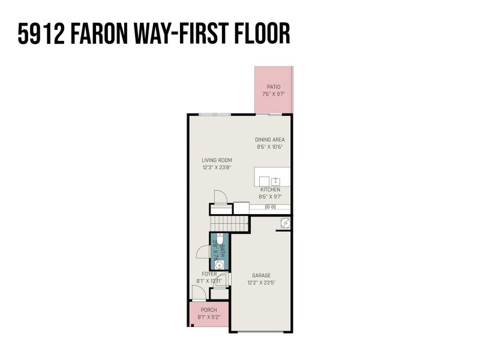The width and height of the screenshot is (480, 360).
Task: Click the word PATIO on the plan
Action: pos(274,87)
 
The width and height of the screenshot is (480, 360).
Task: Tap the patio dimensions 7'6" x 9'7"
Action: pos(274,94)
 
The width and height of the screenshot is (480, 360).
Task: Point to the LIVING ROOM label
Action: pos(217,160)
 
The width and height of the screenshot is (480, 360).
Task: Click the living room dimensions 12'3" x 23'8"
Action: pos(217,168)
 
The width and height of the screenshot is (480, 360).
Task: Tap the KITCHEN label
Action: pos(270,190)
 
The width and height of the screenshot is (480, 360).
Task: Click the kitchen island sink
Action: pos(275,181)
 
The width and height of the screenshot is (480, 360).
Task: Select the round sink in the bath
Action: pos(219,264)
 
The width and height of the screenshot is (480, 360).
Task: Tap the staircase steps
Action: pos(239,224)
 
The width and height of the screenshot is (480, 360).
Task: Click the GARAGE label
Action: pos(261,275)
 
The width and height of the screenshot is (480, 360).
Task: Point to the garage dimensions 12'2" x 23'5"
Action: pos(261,283)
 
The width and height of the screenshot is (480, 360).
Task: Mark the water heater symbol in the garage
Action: pos(286,223)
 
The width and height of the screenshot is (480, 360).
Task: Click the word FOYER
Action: pos(209,274)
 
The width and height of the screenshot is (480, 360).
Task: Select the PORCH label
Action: pos(209,310)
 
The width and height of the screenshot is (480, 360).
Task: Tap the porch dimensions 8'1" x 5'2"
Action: pos(209,317)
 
